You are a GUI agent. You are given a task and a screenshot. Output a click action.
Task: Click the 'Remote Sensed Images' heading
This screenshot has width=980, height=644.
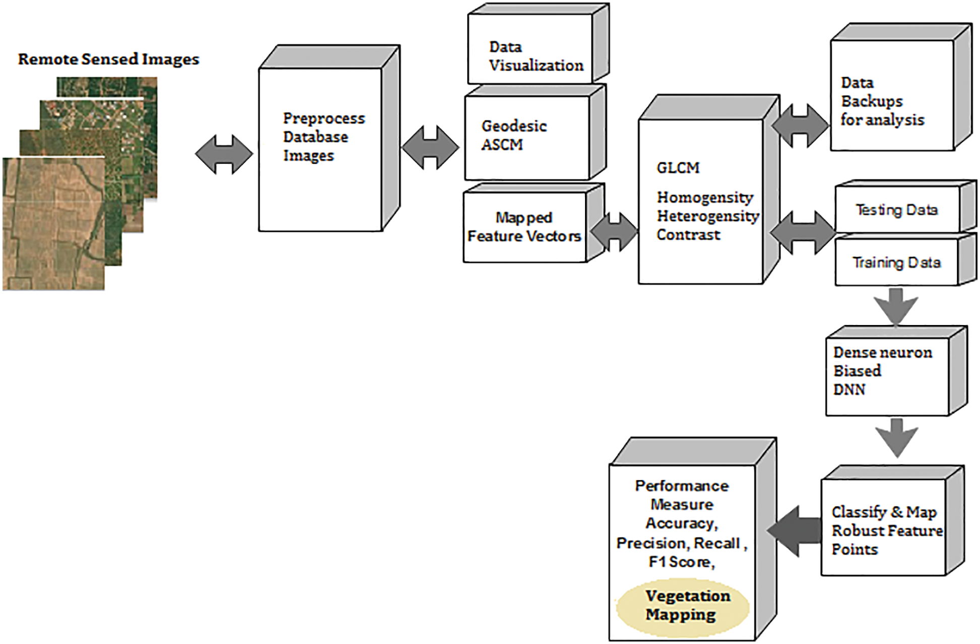[109, 59]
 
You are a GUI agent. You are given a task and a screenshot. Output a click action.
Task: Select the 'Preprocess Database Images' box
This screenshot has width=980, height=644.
[330, 139]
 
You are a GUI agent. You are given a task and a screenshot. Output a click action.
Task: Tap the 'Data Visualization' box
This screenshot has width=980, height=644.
[538, 44]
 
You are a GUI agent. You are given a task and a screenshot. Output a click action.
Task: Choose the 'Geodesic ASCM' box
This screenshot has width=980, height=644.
[535, 132]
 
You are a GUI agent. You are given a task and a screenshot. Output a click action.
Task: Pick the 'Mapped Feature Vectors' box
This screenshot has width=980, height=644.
[534, 223]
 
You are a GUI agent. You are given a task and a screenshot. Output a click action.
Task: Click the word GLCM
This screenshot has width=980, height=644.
[678, 168]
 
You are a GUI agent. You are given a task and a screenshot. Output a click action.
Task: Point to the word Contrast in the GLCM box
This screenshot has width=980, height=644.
[688, 235]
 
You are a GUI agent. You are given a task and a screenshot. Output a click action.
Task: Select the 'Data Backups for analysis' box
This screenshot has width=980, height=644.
[901, 87]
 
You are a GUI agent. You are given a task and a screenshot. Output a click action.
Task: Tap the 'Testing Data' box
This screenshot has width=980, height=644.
[905, 207]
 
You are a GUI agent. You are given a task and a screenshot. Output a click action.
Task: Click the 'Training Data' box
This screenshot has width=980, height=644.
[905, 260]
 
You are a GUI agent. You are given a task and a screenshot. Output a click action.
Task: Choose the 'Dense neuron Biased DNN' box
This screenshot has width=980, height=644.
[896, 371]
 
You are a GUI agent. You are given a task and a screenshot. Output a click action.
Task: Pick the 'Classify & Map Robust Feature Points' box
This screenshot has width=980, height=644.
[892, 521]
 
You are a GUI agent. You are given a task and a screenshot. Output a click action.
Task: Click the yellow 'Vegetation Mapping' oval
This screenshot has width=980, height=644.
[682, 606]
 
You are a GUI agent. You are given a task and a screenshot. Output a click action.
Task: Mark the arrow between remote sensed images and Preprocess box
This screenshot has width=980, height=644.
[224, 154]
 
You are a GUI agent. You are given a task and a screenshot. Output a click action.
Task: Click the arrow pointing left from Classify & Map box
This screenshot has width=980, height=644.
[794, 531]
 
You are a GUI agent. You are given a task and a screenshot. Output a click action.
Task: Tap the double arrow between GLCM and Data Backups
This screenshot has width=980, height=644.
[801, 126]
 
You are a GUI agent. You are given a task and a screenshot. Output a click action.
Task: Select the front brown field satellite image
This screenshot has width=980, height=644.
[53, 224]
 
